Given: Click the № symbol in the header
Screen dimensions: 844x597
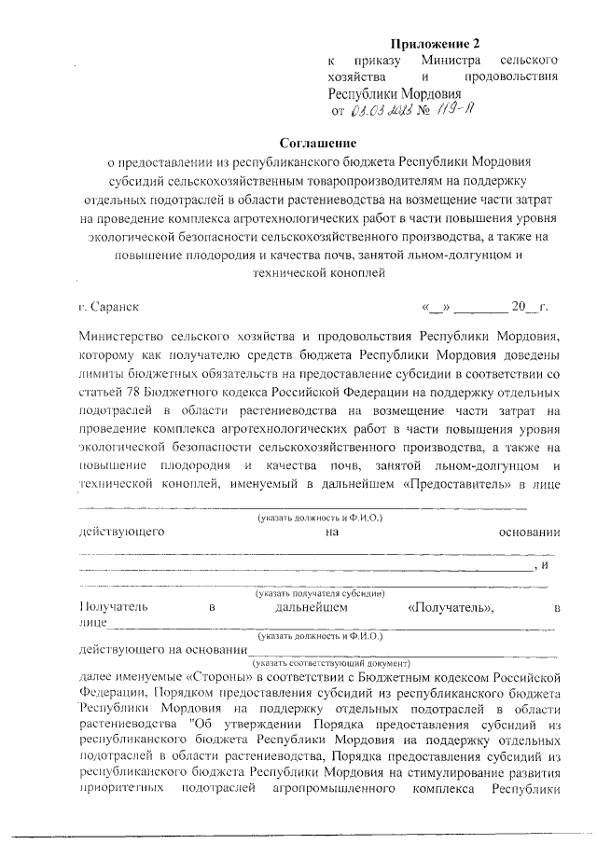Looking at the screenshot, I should tap(429, 113).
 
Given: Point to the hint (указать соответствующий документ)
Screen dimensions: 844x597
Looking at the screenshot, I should tap(319, 663).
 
